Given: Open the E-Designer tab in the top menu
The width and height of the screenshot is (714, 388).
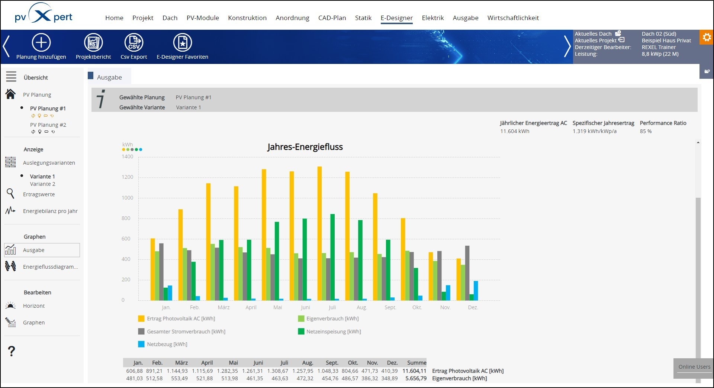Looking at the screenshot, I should tap(396, 18).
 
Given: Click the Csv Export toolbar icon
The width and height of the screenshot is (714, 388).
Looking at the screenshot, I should tap(134, 43).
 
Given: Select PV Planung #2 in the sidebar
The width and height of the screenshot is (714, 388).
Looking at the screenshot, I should tap(48, 125).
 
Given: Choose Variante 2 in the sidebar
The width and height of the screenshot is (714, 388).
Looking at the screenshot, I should tap(42, 184).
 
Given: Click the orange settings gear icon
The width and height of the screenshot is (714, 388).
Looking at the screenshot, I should tap(707, 37).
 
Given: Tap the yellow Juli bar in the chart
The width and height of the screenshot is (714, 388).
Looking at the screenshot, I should tap(319, 234).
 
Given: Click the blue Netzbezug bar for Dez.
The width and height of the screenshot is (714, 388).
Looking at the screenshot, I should tap(476, 291).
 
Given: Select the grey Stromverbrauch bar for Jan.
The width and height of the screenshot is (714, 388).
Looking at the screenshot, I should tap(161, 272).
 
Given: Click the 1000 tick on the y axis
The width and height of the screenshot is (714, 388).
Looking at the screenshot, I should tap(127, 198).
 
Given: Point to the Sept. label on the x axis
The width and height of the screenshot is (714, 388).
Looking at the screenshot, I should tap(390, 307).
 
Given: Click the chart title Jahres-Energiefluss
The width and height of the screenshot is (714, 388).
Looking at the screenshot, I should tap(305, 147).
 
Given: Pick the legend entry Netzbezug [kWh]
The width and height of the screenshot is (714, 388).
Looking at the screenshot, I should tap(167, 344).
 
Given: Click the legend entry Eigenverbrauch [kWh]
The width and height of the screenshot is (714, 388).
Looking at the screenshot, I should tap(332, 319).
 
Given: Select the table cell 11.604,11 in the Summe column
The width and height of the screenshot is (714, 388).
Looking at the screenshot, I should tap(414, 371).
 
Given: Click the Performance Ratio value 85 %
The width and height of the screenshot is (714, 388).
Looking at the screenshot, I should tap(646, 131).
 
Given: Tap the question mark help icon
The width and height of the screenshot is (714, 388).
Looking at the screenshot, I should tap(12, 351).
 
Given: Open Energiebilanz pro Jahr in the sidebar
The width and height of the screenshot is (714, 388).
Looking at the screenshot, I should tap(50, 211).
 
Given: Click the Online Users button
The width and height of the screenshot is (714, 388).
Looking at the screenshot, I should tap(694, 367).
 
